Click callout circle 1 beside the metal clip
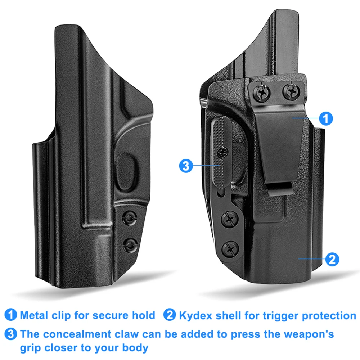point(326,118)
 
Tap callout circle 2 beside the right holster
point(332,259)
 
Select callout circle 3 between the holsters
point(186,166)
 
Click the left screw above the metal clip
point(262,93)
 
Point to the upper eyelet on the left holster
point(130,218)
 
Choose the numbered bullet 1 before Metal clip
point(11,315)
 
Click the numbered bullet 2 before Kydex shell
point(170,315)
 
